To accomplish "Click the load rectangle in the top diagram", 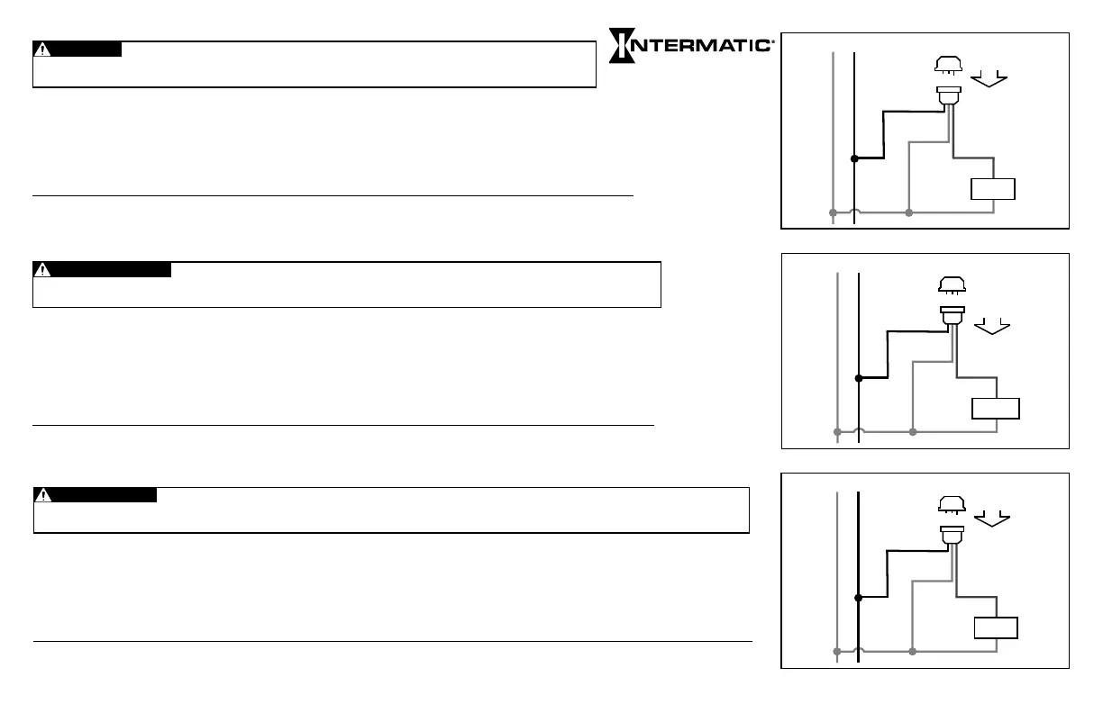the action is coord(992,189).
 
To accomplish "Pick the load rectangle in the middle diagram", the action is coord(996,409).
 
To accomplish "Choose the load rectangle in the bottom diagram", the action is coord(995,627).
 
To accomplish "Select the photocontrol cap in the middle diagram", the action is coord(952,285).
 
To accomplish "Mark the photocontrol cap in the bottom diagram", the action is coord(952,504).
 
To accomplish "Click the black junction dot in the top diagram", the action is coord(853,158).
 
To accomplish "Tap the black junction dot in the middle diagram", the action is coord(859,378).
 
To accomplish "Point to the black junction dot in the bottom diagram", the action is coord(858,597).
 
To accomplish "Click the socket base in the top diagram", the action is coord(948,95).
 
